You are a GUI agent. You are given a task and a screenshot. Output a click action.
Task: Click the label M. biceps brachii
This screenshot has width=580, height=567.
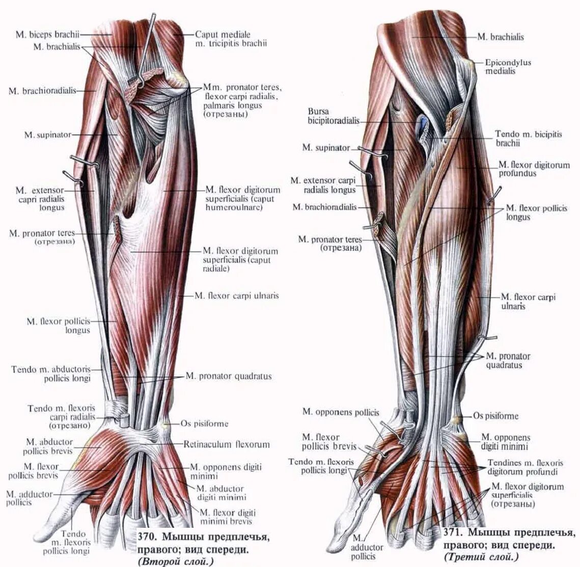coord(48,35)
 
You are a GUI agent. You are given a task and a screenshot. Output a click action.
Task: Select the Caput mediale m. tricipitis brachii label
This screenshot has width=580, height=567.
coord(230,39)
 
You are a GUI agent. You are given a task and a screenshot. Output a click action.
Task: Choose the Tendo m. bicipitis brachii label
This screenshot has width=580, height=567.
coord(528,139)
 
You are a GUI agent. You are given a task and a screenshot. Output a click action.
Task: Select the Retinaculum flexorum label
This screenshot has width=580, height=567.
coord(227,444)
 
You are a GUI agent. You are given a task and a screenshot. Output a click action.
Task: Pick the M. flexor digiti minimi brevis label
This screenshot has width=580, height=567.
coord(227,517)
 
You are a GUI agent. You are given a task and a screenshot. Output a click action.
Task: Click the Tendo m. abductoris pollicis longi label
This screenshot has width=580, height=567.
coord(51,374)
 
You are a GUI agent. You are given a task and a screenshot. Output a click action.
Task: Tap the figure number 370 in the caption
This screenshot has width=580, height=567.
coord(147,537)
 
